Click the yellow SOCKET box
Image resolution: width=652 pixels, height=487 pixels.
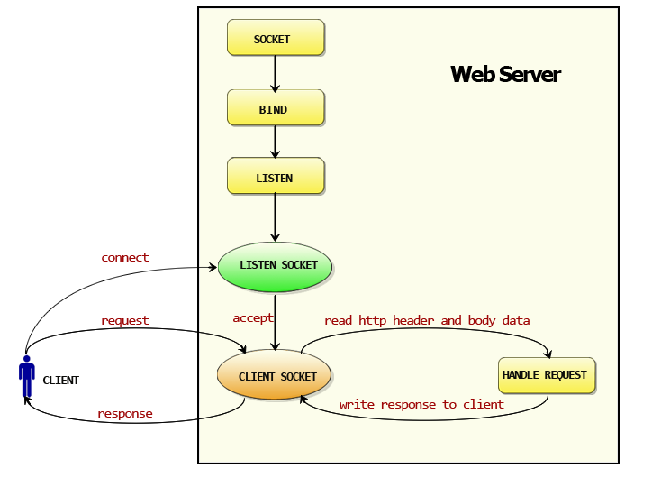(275, 39)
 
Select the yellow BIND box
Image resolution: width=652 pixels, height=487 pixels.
(275, 108)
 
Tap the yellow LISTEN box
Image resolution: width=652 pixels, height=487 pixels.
(275, 177)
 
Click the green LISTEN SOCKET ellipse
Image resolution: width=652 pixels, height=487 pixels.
(275, 265)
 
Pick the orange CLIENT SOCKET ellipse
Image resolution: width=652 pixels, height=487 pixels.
(275, 376)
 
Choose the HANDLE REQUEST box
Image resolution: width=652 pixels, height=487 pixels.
(546, 375)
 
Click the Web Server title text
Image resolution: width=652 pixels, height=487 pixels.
(505, 74)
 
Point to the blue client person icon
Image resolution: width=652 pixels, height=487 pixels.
(27, 379)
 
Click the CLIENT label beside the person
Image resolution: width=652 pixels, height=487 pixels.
(61, 381)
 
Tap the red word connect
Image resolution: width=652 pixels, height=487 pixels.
(125, 257)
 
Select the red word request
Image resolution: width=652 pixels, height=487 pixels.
(125, 320)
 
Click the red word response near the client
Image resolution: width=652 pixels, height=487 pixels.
(125, 414)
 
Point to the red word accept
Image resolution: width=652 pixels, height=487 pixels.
(252, 318)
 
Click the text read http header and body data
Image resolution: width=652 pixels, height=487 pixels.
(427, 320)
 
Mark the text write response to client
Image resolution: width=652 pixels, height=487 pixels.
(421, 404)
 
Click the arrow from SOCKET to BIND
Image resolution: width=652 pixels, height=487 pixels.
(275, 73)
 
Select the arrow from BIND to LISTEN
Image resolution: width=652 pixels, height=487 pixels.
(275, 142)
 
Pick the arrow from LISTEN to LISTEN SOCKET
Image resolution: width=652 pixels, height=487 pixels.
(275, 217)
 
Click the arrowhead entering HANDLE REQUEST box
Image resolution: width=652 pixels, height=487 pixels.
(549, 354)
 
